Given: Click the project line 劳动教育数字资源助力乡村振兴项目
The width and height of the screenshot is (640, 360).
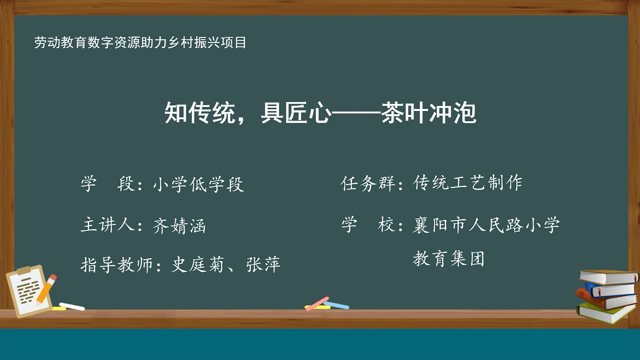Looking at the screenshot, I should pyautogui.click(x=140, y=43).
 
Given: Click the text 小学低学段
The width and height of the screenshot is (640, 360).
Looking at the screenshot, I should pyautogui.click(x=198, y=184).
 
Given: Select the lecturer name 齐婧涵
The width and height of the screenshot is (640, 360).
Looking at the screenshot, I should pyautogui.click(x=179, y=226).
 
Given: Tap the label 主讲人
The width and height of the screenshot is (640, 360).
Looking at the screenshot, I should pyautogui.click(x=108, y=224).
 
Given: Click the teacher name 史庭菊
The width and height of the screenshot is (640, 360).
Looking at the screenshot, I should pyautogui.click(x=197, y=265).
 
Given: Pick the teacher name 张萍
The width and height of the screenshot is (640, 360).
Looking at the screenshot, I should pyautogui.click(x=263, y=265).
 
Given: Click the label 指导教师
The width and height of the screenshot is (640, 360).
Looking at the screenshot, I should pyautogui.click(x=117, y=265).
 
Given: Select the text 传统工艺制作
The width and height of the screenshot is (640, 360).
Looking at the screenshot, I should pyautogui.click(x=468, y=183).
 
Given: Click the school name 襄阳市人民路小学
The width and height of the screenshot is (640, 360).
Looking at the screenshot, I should pyautogui.click(x=486, y=225).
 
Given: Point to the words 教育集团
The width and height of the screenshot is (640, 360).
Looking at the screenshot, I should pyautogui.click(x=448, y=259).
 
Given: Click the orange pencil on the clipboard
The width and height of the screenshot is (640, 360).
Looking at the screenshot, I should pyautogui.click(x=47, y=289).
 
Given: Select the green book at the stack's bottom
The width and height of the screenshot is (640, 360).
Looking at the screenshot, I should pyautogui.click(x=603, y=313).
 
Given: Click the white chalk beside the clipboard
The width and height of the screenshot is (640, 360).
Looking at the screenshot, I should pyautogui.click(x=72, y=306).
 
